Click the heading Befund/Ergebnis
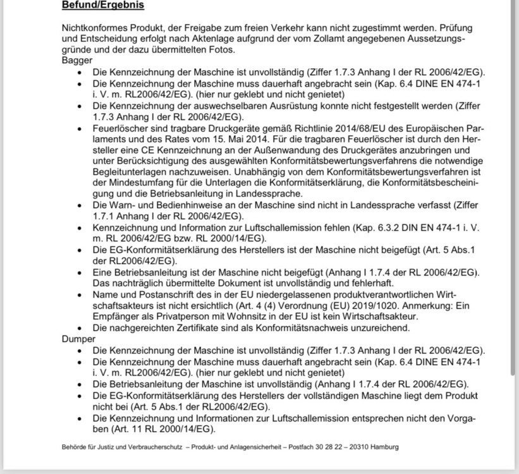(x=103, y=6)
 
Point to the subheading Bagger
(x=77, y=61)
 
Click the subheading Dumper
(x=79, y=339)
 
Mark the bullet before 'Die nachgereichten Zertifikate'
(x=79, y=327)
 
